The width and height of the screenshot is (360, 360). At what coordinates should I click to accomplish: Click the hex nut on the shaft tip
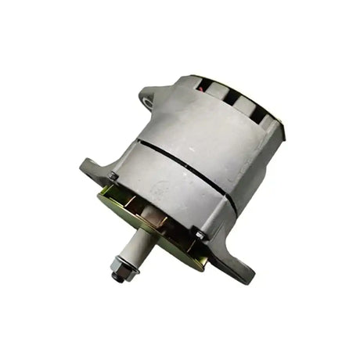(x=119, y=275)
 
